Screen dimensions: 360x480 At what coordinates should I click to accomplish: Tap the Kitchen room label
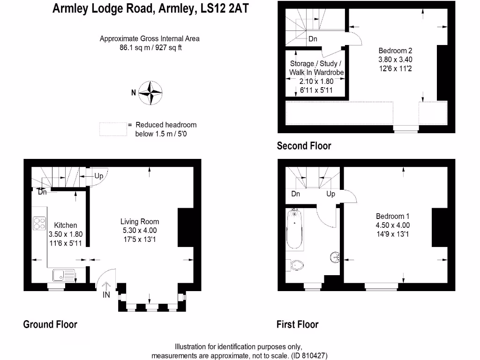[65, 225]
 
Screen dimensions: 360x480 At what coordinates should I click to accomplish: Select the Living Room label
[140, 222]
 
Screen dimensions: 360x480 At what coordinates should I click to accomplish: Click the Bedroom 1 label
[393, 216]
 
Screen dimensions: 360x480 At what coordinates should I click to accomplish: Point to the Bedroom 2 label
[395, 51]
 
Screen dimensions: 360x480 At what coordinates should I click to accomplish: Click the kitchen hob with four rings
[39, 224]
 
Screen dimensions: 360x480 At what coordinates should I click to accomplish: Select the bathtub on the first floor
[295, 230]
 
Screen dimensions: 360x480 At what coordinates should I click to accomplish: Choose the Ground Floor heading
[50, 324]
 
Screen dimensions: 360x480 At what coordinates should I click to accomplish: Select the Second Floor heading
[304, 146]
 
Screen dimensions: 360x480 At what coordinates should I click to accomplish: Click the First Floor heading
[298, 324]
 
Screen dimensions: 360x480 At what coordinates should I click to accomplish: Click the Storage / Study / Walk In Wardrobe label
[316, 68]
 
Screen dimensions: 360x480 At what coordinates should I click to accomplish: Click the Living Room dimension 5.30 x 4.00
[140, 230]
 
